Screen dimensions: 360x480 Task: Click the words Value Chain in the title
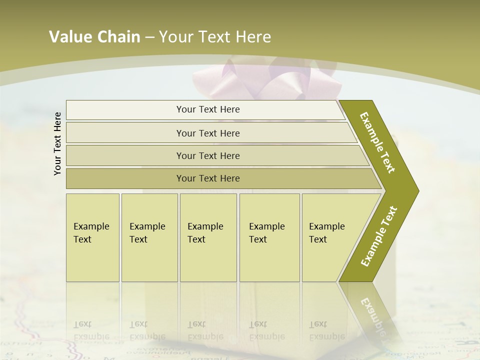pyautogui.click(x=94, y=36)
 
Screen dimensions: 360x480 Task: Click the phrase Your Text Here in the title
pyautogui.click(x=215, y=36)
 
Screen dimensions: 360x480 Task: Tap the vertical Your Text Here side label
pyautogui.click(x=57, y=143)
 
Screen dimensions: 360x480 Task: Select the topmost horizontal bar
pyautogui.click(x=207, y=109)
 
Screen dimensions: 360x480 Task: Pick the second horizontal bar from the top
pyautogui.click(x=207, y=133)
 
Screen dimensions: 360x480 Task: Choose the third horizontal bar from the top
pyautogui.click(x=207, y=155)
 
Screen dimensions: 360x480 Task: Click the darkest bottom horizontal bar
pyautogui.click(x=207, y=178)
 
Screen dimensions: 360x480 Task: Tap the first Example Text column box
pyautogui.click(x=92, y=237)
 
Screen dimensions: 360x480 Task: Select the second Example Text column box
pyautogui.click(x=149, y=237)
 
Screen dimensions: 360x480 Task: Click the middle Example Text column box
pyautogui.click(x=207, y=237)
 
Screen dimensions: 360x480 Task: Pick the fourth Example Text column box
pyautogui.click(x=269, y=237)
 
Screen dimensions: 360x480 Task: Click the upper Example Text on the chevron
pyautogui.click(x=378, y=142)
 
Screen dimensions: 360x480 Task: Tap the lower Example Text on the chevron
pyautogui.click(x=379, y=236)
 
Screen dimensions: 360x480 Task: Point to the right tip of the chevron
pyautogui.click(x=417, y=190)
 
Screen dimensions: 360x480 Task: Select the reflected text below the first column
pyautogui.click(x=91, y=330)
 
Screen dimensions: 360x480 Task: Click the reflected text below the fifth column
pyautogui.click(x=326, y=330)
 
